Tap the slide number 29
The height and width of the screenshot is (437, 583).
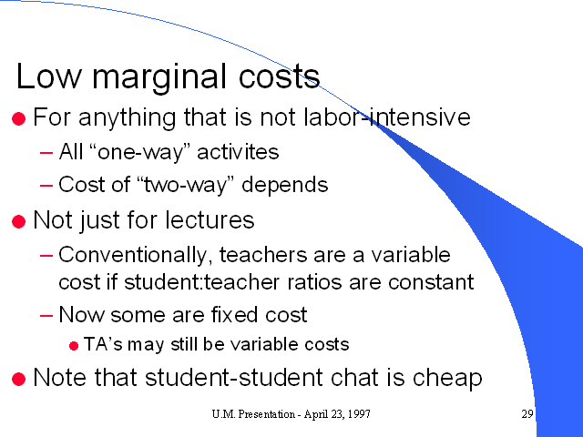pos(527,414)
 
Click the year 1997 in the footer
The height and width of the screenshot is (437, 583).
pos(359,414)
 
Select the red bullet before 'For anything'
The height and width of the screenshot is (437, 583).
pos(18,119)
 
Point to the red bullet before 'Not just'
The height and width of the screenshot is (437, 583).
pos(18,222)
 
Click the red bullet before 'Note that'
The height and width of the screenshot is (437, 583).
pos(18,380)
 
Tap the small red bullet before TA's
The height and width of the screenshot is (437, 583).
pos(74,346)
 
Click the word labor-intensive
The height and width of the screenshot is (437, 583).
pos(387,117)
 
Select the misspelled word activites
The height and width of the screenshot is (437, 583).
pos(238,152)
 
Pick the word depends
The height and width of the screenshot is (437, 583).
pos(285,184)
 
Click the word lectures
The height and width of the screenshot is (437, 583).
pos(210,219)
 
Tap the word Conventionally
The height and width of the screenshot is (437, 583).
pos(133,255)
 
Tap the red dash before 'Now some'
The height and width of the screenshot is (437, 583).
pos(46,316)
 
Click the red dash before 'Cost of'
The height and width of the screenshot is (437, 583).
pos(46,185)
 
